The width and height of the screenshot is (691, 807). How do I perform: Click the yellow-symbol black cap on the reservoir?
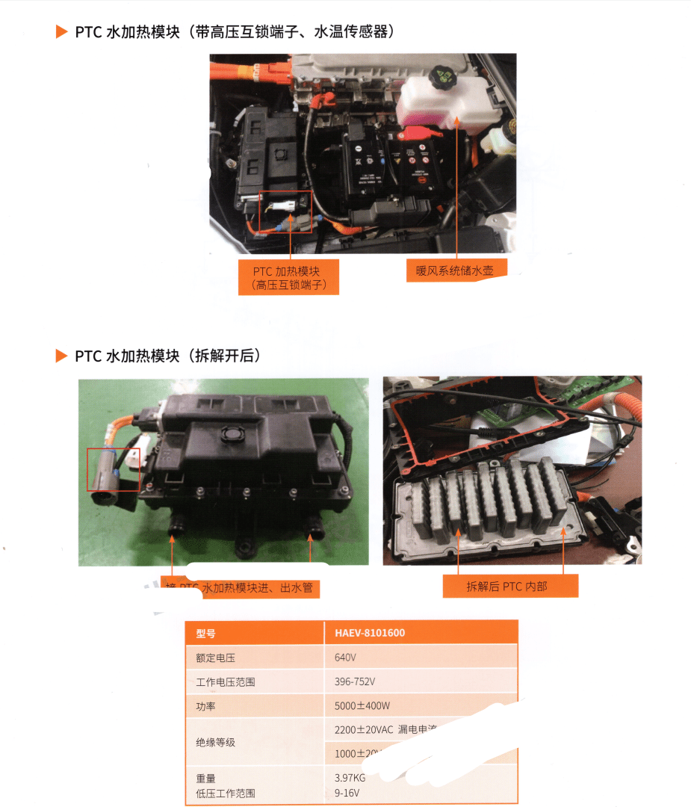tap(442, 75)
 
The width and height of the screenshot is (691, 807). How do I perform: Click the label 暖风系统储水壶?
tap(455, 270)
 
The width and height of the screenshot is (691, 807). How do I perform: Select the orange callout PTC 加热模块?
tap(288, 276)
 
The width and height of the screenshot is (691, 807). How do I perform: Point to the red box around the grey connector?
tap(113, 469)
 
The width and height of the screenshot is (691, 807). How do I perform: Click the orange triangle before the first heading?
tap(62, 32)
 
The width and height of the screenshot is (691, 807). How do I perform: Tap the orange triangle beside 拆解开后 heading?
tap(62, 356)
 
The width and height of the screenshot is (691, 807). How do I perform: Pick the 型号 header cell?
tap(206, 633)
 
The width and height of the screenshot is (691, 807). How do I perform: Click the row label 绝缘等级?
tap(216, 741)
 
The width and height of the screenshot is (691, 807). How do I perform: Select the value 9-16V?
tap(347, 793)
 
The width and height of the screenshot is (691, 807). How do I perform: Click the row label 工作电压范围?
tap(226, 681)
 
